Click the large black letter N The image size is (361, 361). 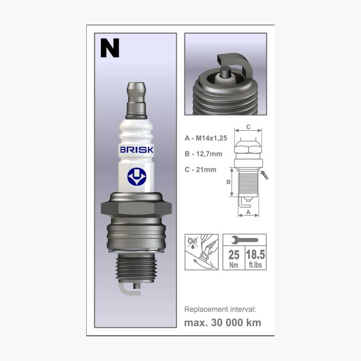110,48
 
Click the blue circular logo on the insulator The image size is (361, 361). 136,176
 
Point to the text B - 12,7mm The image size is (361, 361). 204,154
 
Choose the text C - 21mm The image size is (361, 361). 200,169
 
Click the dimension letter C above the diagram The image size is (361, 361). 249,127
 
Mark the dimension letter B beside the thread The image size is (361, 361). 228,182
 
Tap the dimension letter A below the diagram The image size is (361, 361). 248,211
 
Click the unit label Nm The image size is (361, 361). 234,265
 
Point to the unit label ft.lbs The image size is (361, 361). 255,265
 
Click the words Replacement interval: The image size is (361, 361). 220,309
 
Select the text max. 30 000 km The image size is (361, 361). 222,323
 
